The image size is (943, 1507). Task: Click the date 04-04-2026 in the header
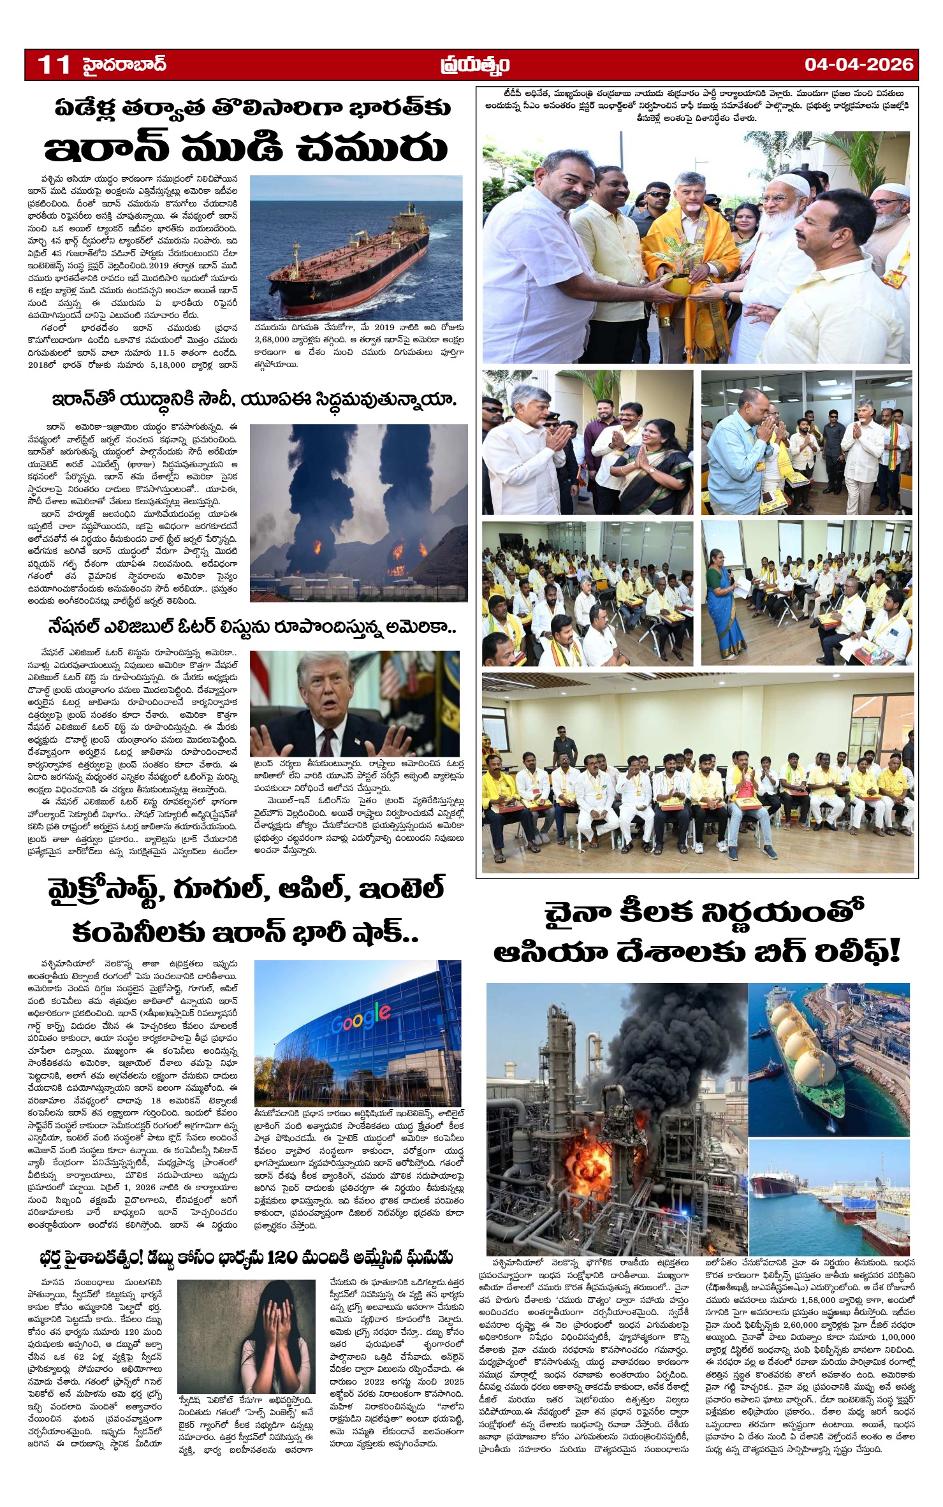pos(858,64)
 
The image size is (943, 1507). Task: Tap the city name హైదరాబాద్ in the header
pos(124,64)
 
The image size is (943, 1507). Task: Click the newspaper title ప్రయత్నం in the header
pos(475,65)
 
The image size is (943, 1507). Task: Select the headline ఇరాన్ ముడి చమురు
pos(245,148)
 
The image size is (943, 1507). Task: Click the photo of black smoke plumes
pos(358,504)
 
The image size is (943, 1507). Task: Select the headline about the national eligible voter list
pos(252,627)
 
